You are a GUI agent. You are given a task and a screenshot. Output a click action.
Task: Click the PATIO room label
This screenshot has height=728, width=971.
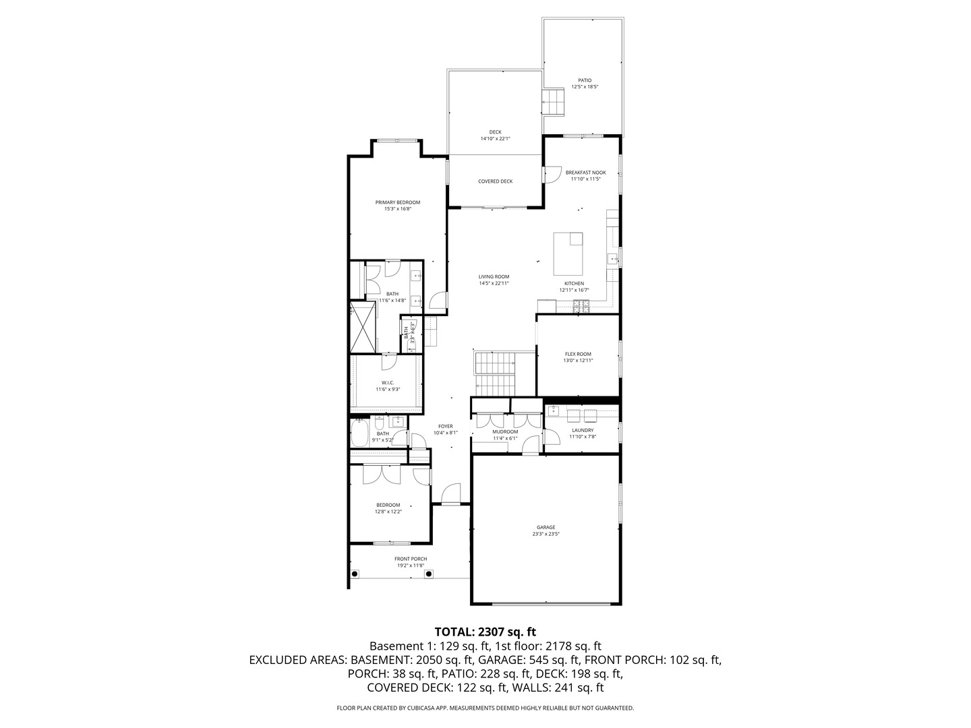click(x=585, y=80)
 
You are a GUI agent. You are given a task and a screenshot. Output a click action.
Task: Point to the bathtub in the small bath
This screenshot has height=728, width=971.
click(x=359, y=433)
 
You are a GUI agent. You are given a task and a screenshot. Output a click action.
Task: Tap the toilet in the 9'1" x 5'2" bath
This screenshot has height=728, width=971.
click(x=380, y=425)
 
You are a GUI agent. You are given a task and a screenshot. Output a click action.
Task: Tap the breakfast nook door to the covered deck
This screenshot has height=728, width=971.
click(x=552, y=174)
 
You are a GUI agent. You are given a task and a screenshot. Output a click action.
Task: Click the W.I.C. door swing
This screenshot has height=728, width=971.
click(x=389, y=362)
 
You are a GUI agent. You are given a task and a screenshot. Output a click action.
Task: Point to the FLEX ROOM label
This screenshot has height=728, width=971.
click(x=578, y=354)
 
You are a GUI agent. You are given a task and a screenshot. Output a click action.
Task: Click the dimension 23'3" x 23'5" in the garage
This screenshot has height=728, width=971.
click(x=546, y=534)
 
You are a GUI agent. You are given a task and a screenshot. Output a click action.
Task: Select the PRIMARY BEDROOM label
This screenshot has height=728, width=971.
click(x=398, y=202)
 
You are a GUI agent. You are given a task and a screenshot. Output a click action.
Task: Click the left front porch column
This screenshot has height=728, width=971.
click(x=355, y=574)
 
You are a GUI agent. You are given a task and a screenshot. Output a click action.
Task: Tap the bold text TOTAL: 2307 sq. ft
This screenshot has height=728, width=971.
click(x=485, y=632)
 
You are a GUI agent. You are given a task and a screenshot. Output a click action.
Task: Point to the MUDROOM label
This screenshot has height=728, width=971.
click(x=505, y=431)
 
